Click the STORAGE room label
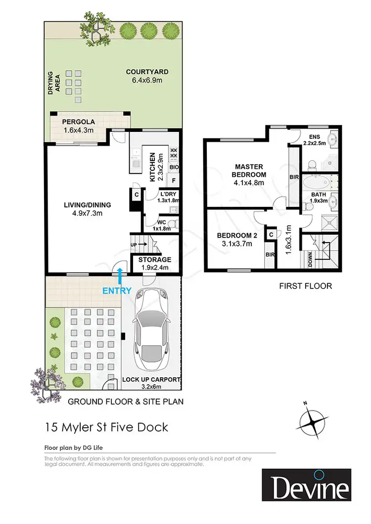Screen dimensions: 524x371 [x=155, y=260]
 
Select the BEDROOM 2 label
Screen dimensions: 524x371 [x=236, y=236]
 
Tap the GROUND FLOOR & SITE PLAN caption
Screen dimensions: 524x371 [x=125, y=402]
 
